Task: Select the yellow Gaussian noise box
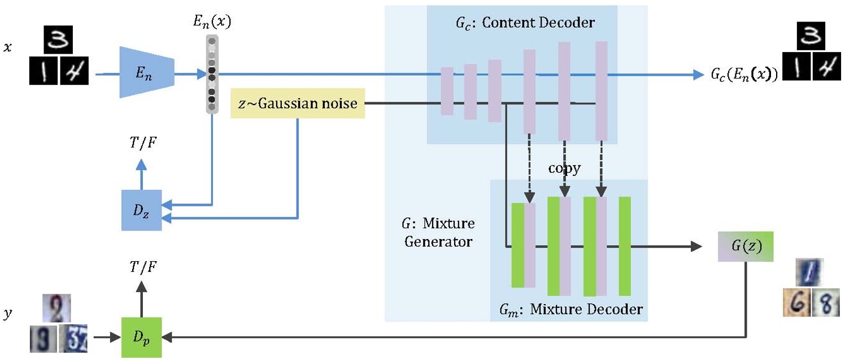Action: pyautogui.click(x=298, y=103)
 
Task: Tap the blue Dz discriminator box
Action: pyautogui.click(x=141, y=210)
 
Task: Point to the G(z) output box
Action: pyautogui.click(x=745, y=247)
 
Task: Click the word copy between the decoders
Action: pyautogui.click(x=564, y=169)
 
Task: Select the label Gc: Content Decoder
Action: pyautogui.click(x=525, y=23)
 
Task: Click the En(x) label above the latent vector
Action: pyautogui.click(x=212, y=23)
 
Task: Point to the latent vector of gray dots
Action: pyautogui.click(x=212, y=74)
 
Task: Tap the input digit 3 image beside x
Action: pyautogui.click(x=60, y=41)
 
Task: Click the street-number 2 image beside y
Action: pyautogui.click(x=56, y=309)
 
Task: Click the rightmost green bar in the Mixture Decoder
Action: pyautogui.click(x=624, y=246)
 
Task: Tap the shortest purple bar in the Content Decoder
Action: pyautogui.click(x=447, y=91)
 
